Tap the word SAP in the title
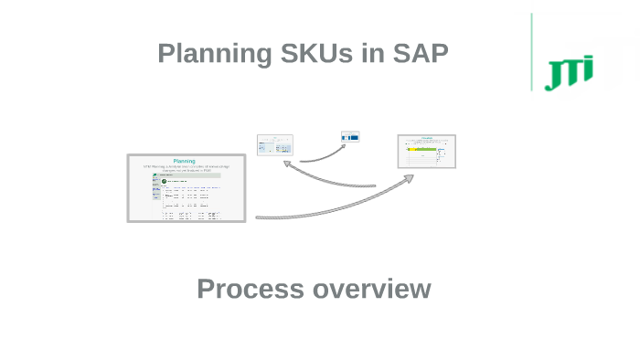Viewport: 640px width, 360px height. pyautogui.click(x=419, y=54)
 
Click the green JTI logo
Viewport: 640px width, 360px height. pyautogui.click(x=569, y=72)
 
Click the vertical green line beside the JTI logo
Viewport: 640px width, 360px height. pyautogui.click(x=531, y=52)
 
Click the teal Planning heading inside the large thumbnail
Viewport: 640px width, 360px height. pyautogui.click(x=185, y=161)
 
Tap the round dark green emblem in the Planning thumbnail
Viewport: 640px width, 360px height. pyautogui.click(x=164, y=181)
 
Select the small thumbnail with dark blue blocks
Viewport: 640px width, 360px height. pyautogui.click(x=350, y=137)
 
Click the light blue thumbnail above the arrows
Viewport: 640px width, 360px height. pyautogui.click(x=275, y=144)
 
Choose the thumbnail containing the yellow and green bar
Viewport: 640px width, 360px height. pyautogui.click(x=426, y=152)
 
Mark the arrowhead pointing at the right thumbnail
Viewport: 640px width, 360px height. pyautogui.click(x=408, y=178)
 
